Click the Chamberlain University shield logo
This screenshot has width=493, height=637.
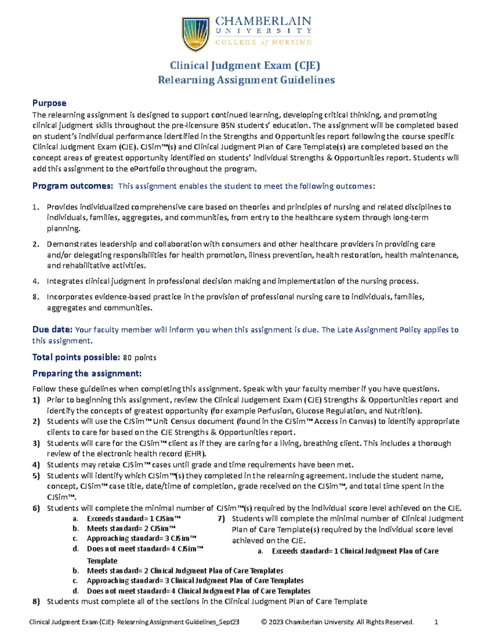pyautogui.click(x=196, y=34)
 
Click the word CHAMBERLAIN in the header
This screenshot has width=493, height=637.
pyautogui.click(x=263, y=21)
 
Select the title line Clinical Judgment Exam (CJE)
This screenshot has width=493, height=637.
pyautogui.click(x=245, y=66)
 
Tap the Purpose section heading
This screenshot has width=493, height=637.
pyautogui.click(x=49, y=103)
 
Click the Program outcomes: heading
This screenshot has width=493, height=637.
pyautogui.click(x=72, y=186)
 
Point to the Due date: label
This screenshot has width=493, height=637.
pyautogui.click(x=53, y=330)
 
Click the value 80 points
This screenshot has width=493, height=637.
pyautogui.click(x=140, y=358)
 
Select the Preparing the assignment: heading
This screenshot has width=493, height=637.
pyautogui.click(x=87, y=374)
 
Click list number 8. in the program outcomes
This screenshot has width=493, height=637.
pyautogui.click(x=36, y=297)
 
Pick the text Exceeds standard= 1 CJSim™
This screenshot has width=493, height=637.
pyautogui.click(x=134, y=519)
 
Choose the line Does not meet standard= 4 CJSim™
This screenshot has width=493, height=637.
pyautogui.click(x=145, y=549)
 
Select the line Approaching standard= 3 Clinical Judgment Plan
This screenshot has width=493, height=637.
pyautogui.click(x=195, y=581)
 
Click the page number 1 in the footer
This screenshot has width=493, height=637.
pyautogui.click(x=436, y=622)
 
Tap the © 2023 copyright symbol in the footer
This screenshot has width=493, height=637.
pyautogui.click(x=264, y=622)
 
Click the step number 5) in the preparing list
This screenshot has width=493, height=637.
pyautogui.click(x=36, y=476)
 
